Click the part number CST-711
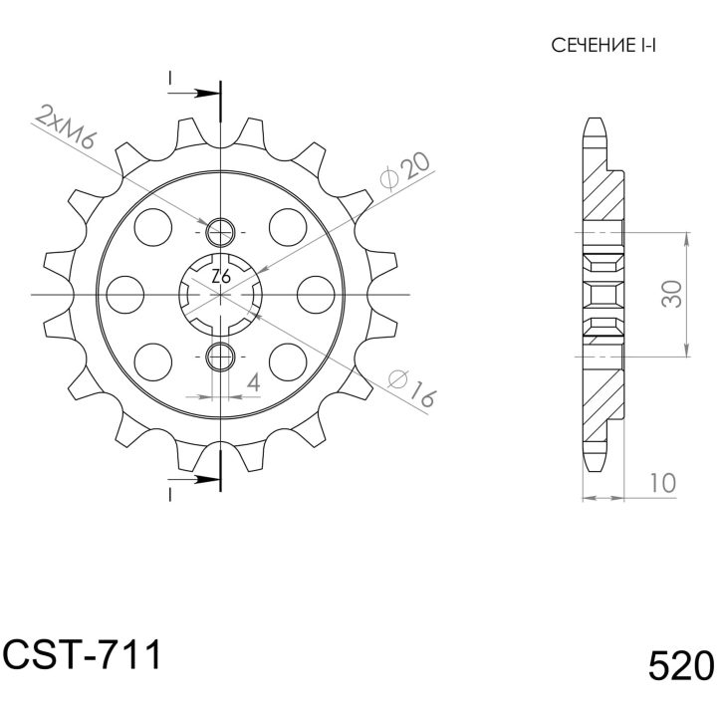[x=83, y=654]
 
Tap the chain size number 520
[x=681, y=665]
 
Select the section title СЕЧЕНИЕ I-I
[x=603, y=45]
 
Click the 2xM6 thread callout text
[x=66, y=126]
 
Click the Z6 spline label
[x=221, y=277]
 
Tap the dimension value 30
[x=672, y=294]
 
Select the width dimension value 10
[x=661, y=483]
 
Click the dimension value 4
[x=253, y=382]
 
